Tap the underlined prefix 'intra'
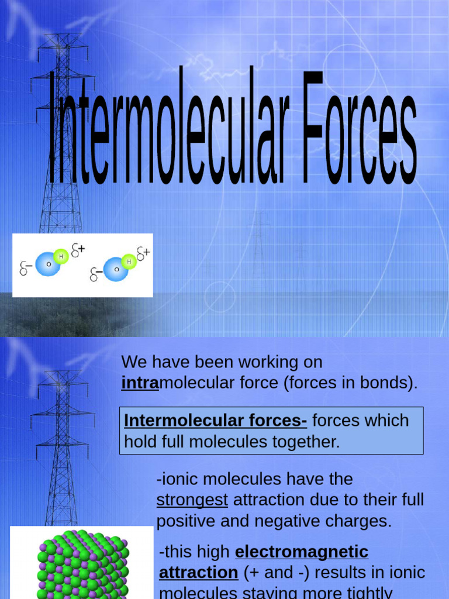point(140,383)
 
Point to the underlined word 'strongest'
point(192,500)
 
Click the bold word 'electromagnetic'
point(302,551)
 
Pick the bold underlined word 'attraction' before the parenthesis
point(198,572)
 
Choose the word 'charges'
point(361,521)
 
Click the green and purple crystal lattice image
point(82,563)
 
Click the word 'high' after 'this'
point(215,551)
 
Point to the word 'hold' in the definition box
point(138,442)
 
